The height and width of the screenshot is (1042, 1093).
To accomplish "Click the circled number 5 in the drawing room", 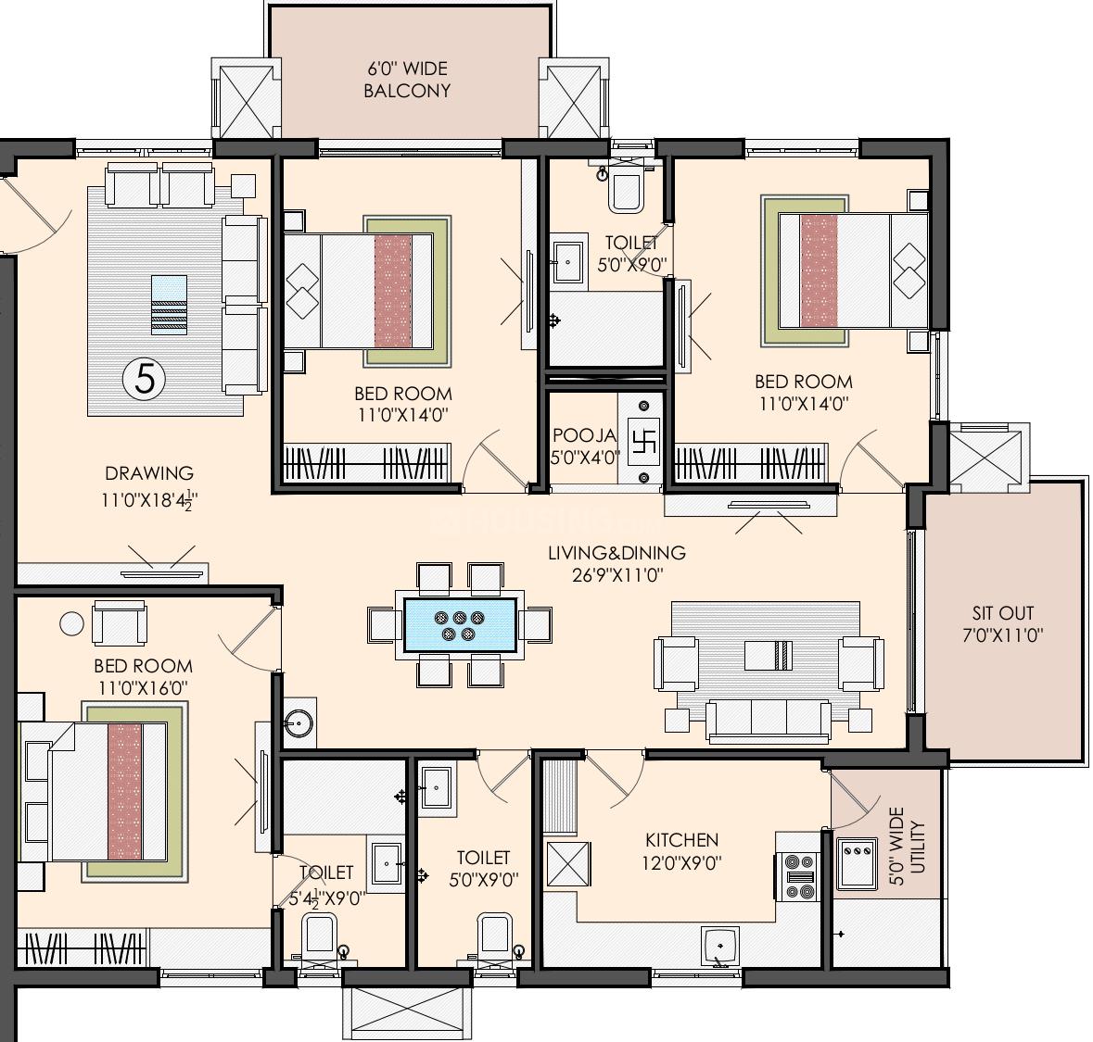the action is pyautogui.click(x=145, y=381).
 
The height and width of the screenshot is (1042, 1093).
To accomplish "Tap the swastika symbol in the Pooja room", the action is pyautogui.click(x=642, y=443).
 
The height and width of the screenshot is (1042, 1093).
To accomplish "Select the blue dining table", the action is pyautogui.click(x=460, y=625).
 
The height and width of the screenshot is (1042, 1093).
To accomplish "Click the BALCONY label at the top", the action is pyautogui.click(x=407, y=91).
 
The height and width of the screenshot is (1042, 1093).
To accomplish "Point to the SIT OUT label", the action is pyautogui.click(x=1003, y=613).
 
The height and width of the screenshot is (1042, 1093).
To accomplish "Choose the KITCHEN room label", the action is pyautogui.click(x=681, y=840).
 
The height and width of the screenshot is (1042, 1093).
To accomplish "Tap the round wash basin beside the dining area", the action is pyautogui.click(x=299, y=718).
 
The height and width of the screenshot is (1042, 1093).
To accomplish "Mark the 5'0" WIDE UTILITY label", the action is pyautogui.click(x=907, y=846).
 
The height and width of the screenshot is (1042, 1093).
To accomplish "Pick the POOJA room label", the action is pyautogui.click(x=584, y=436).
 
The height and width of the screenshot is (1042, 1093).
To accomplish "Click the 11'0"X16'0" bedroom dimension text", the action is pyautogui.click(x=143, y=688).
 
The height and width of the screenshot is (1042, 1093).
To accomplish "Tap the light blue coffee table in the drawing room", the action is pyautogui.click(x=169, y=305).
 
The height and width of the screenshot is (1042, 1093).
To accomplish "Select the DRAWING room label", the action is pyautogui.click(x=149, y=473).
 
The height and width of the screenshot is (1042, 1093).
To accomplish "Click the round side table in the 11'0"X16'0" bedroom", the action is pyautogui.click(x=71, y=623).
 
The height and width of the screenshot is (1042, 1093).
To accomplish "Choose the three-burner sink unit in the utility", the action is pyautogui.click(x=857, y=863).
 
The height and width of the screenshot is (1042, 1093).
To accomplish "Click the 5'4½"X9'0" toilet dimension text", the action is pyautogui.click(x=326, y=898).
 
